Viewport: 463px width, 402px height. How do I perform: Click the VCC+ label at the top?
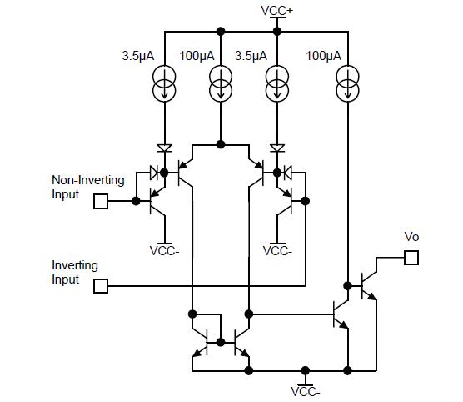coord(276,10)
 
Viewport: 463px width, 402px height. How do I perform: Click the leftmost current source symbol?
coord(165,82)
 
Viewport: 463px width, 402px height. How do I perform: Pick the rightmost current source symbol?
coord(347,82)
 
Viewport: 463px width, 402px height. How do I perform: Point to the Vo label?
coord(411,237)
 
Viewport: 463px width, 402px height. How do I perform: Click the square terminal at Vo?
coord(411,258)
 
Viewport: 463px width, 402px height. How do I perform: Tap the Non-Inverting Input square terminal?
coord(101,201)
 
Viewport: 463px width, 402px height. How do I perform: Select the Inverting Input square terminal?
coord(101,286)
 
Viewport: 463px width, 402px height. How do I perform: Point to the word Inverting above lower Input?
coord(75,265)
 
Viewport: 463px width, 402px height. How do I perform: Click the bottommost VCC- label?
coord(306,390)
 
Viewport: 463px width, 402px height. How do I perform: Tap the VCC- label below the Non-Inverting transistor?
coord(164,250)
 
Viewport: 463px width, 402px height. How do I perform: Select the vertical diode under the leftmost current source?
coord(165,148)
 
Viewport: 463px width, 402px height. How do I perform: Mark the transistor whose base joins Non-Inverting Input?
coord(155,201)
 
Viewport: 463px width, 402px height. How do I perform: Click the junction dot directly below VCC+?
coord(276,31)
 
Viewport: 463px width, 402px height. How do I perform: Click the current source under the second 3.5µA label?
coord(276,82)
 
